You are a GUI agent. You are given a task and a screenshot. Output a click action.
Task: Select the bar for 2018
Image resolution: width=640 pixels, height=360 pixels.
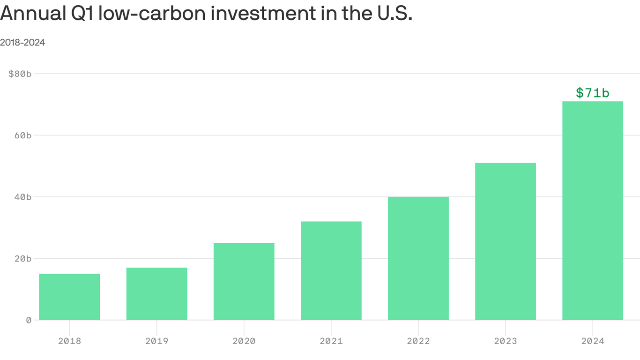[69, 297]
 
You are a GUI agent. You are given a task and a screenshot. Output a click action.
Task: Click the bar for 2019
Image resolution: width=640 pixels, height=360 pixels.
[156, 294]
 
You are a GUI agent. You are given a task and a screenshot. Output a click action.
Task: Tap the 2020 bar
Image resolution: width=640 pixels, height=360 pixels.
[244, 281]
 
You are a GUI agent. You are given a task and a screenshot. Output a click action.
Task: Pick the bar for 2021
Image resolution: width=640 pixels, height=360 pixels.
[331, 270]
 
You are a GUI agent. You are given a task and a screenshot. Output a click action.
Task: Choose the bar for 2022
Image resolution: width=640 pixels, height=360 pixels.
[418, 258]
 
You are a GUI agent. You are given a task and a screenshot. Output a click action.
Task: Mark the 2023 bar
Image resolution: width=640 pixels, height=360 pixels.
[505, 241]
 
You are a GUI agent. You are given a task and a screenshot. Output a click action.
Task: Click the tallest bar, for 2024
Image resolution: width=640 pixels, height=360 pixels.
[592, 211]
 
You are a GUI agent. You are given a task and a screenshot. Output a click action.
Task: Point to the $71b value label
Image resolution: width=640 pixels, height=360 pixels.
[592, 93]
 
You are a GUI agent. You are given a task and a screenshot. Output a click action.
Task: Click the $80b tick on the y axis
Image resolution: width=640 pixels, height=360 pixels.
[20, 74]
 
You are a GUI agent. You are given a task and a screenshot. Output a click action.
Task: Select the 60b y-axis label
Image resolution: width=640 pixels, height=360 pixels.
[22, 135]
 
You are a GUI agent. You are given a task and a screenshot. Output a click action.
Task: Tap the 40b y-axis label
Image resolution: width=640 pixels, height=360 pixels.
[22, 197]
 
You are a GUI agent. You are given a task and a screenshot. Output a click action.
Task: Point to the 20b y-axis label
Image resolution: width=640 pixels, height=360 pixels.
[22, 258]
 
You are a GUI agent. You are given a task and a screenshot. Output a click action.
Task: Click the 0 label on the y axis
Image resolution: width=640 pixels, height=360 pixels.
[29, 320]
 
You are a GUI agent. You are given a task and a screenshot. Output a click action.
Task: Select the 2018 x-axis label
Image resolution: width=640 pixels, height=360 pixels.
[69, 341]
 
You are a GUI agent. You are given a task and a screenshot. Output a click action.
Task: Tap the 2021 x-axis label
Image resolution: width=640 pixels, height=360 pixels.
[331, 341]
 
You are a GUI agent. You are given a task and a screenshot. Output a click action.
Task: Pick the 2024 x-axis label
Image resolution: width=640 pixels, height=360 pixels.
[592, 341]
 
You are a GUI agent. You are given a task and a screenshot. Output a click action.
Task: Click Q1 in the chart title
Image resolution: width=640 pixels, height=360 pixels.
[81, 14]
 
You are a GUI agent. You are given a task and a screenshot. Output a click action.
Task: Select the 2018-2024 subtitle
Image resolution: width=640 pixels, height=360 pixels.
[22, 43]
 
